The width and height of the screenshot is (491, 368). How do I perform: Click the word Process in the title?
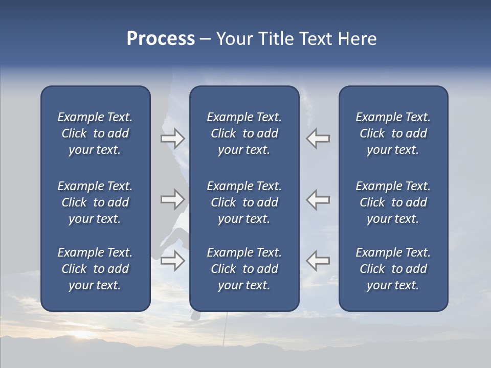[161, 39]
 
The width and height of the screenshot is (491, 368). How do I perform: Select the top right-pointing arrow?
[172, 138]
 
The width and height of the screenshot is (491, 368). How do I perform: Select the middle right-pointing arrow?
[172, 199]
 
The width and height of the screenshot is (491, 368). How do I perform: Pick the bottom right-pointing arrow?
[172, 261]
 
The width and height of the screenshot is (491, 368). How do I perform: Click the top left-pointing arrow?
[318, 138]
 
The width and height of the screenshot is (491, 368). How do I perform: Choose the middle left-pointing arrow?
[318, 199]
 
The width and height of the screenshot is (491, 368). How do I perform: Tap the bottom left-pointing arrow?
[318, 261]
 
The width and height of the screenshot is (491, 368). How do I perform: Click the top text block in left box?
[95, 133]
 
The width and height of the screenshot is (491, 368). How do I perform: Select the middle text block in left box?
[95, 202]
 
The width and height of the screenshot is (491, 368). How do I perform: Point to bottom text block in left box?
[95, 269]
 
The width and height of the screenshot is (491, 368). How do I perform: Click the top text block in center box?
[244, 133]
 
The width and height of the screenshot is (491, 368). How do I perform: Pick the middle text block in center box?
[244, 202]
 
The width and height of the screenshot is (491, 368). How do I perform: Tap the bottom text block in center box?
[244, 269]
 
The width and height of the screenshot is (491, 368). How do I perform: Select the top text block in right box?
[393, 133]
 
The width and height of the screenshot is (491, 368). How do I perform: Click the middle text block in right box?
[393, 202]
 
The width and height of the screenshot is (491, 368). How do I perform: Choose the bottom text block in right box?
[393, 269]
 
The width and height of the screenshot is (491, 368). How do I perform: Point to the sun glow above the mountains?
[82, 335]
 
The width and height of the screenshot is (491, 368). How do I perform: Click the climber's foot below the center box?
[195, 315]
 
